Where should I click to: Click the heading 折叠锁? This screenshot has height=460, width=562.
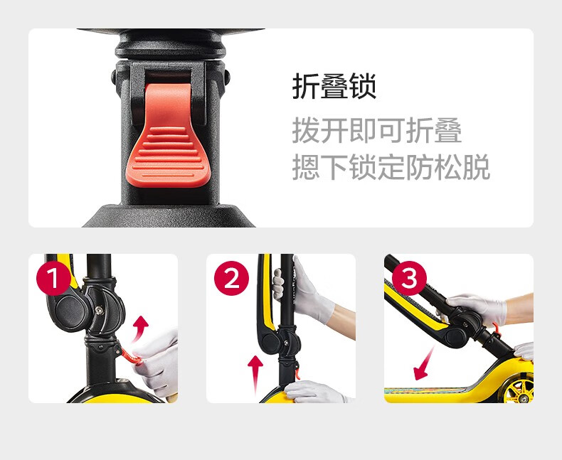334,86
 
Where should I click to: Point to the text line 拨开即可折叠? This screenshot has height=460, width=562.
377,130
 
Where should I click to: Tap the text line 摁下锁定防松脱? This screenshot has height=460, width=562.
391,167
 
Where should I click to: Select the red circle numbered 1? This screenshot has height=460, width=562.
54,279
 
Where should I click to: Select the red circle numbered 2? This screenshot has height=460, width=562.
231,279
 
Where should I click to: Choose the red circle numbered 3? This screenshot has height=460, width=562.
409,279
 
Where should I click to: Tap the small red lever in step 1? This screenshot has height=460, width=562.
129,355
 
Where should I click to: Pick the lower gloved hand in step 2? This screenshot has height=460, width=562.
315,392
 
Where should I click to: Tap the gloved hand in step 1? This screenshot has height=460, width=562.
158,362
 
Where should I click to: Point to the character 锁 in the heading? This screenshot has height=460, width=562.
362,86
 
